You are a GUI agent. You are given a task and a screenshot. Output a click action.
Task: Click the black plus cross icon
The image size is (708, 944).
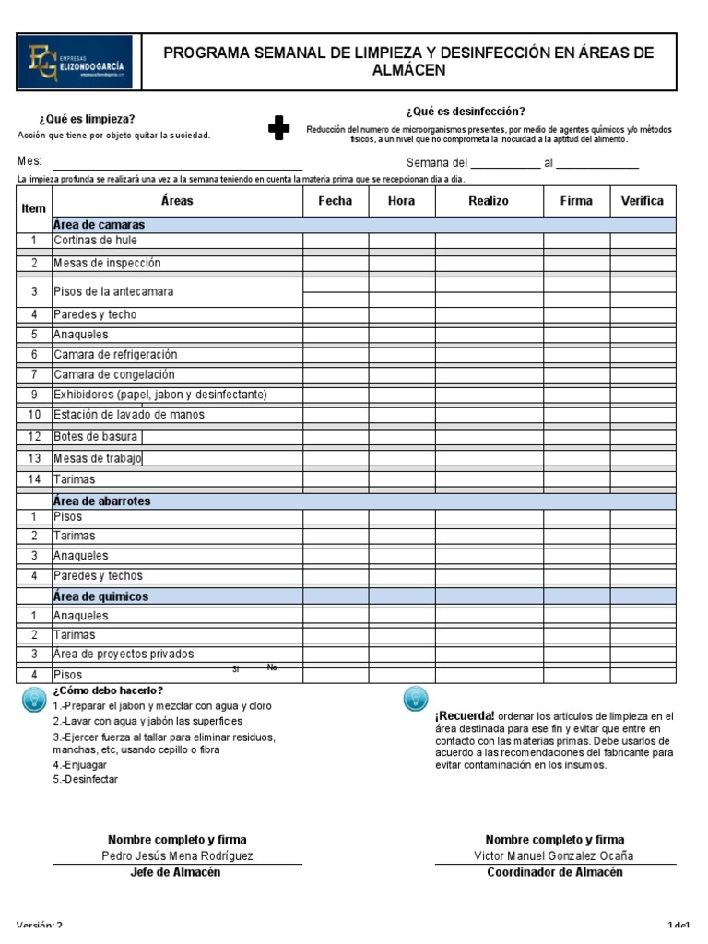tap(278, 128)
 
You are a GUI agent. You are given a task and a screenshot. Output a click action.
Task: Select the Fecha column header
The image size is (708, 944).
tap(336, 201)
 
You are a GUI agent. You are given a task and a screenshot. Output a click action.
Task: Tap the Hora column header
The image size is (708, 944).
tap(401, 201)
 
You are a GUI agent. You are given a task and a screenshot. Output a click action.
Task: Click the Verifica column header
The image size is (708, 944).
tap(642, 201)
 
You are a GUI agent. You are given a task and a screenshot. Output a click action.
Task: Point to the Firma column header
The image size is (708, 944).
tap(576, 201)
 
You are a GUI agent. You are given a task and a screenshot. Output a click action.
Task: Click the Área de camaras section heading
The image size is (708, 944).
tap(99, 225)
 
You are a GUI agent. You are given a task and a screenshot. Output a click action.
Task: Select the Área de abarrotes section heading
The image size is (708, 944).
tap(101, 501)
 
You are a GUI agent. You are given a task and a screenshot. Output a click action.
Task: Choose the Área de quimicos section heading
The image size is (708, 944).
tap(100, 596)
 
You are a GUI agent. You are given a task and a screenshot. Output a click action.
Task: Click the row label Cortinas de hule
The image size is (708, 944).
tap(95, 241)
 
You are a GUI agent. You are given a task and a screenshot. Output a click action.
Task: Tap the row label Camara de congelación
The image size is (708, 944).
tap(113, 375)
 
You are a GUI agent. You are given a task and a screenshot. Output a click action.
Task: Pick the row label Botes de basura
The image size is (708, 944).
tap(95, 436)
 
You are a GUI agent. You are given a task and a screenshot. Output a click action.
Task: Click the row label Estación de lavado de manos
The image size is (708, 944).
tap(129, 415)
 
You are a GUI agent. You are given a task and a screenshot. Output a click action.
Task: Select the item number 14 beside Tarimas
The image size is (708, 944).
tap(34, 479)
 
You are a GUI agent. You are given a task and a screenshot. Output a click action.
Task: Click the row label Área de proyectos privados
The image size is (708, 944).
tap(124, 655)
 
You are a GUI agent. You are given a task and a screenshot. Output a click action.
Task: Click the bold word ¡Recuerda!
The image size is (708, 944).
tap(465, 716)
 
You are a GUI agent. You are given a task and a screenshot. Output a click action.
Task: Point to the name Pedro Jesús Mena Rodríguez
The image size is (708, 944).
tap(177, 855)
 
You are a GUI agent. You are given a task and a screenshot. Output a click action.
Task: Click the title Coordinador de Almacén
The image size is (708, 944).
tap(554, 872)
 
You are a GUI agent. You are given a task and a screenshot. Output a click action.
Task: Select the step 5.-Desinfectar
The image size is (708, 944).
tap(85, 779)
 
